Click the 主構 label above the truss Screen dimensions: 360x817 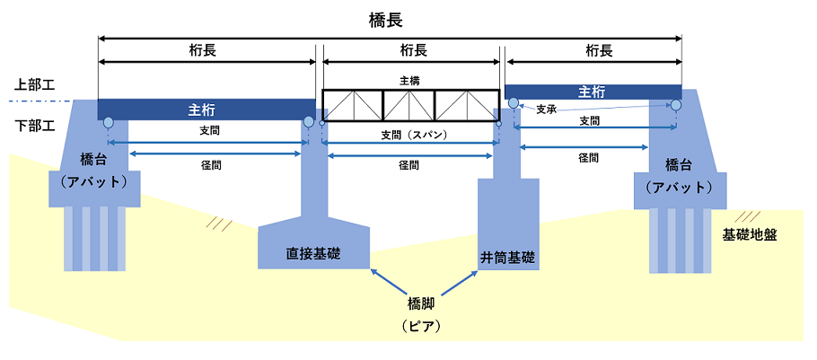tap(410, 81)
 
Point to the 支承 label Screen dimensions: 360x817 tap(548, 110)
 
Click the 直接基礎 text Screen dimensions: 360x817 tap(312, 253)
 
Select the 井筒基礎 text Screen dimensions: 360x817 tap(508, 258)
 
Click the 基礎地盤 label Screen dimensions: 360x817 tap(749, 234)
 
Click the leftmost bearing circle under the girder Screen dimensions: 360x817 tap(108, 122)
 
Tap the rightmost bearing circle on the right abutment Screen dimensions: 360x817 tap(674, 105)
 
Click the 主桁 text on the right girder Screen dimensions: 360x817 tap(591, 92)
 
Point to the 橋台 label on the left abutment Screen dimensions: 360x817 tap(93, 162)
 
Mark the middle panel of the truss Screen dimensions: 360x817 tap(409, 105)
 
